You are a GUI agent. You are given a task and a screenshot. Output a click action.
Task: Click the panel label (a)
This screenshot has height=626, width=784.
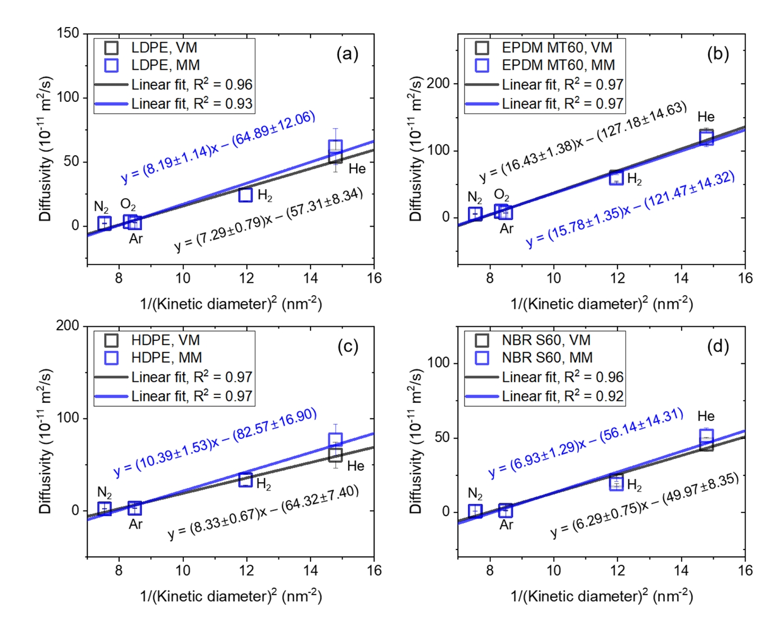coord(347,54)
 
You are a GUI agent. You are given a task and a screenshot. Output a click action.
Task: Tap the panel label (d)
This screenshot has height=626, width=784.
coord(718,346)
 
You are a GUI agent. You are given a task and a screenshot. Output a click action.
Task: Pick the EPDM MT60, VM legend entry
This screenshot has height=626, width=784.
coord(557,48)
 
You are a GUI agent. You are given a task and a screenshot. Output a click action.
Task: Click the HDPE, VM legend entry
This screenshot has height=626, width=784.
coord(165,340)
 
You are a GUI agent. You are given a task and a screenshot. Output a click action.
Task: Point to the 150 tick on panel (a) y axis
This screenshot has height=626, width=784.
coord(68,33)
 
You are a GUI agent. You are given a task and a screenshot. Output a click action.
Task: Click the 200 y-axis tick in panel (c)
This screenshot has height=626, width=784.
coord(68,326)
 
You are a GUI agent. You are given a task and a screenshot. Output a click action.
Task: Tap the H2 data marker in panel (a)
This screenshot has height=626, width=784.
coord(245,195)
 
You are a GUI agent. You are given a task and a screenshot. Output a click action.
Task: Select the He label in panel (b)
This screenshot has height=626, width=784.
coord(706,117)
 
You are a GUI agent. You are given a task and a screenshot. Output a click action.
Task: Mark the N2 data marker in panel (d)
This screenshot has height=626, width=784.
coord(475,511)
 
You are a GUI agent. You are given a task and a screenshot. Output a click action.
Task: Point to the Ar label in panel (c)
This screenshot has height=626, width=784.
coord(136,524)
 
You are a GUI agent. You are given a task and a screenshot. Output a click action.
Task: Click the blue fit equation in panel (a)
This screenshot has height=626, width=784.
coord(218,147)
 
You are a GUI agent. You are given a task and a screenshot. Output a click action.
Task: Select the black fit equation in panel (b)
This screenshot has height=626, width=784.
coord(583,141)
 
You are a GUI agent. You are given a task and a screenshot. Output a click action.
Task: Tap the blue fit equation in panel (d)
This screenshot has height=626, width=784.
coord(585,443)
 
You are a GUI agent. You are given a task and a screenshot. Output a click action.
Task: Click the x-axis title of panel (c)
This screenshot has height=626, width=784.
coord(231,596)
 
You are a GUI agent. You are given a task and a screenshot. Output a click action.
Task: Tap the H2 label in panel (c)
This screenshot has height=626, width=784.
coord(264,484)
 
